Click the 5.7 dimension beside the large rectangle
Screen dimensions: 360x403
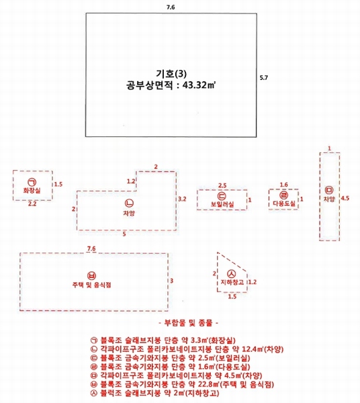(264, 78)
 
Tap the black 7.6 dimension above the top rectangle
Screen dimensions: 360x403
(171, 7)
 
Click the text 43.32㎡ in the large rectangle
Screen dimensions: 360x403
(199, 85)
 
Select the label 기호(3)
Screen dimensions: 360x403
(171, 74)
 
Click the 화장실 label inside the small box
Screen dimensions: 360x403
(32, 191)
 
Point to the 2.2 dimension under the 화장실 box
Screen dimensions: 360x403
(32, 204)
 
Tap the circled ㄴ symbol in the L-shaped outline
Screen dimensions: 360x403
(129, 203)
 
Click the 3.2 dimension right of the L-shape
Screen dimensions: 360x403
(182, 199)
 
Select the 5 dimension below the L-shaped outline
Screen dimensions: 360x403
(124, 234)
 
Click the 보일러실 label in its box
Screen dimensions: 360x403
(222, 204)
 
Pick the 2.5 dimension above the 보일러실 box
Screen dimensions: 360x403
(222, 185)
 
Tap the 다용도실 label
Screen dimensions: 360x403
(284, 204)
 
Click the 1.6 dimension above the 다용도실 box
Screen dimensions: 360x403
(283, 185)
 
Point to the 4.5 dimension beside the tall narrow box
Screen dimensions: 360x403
(345, 198)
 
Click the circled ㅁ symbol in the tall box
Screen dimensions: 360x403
(329, 190)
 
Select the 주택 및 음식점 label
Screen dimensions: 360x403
(92, 285)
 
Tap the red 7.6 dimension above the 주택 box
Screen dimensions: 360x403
(91, 249)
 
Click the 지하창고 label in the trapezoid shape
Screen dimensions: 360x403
(232, 282)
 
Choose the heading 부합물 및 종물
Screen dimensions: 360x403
(189, 323)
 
